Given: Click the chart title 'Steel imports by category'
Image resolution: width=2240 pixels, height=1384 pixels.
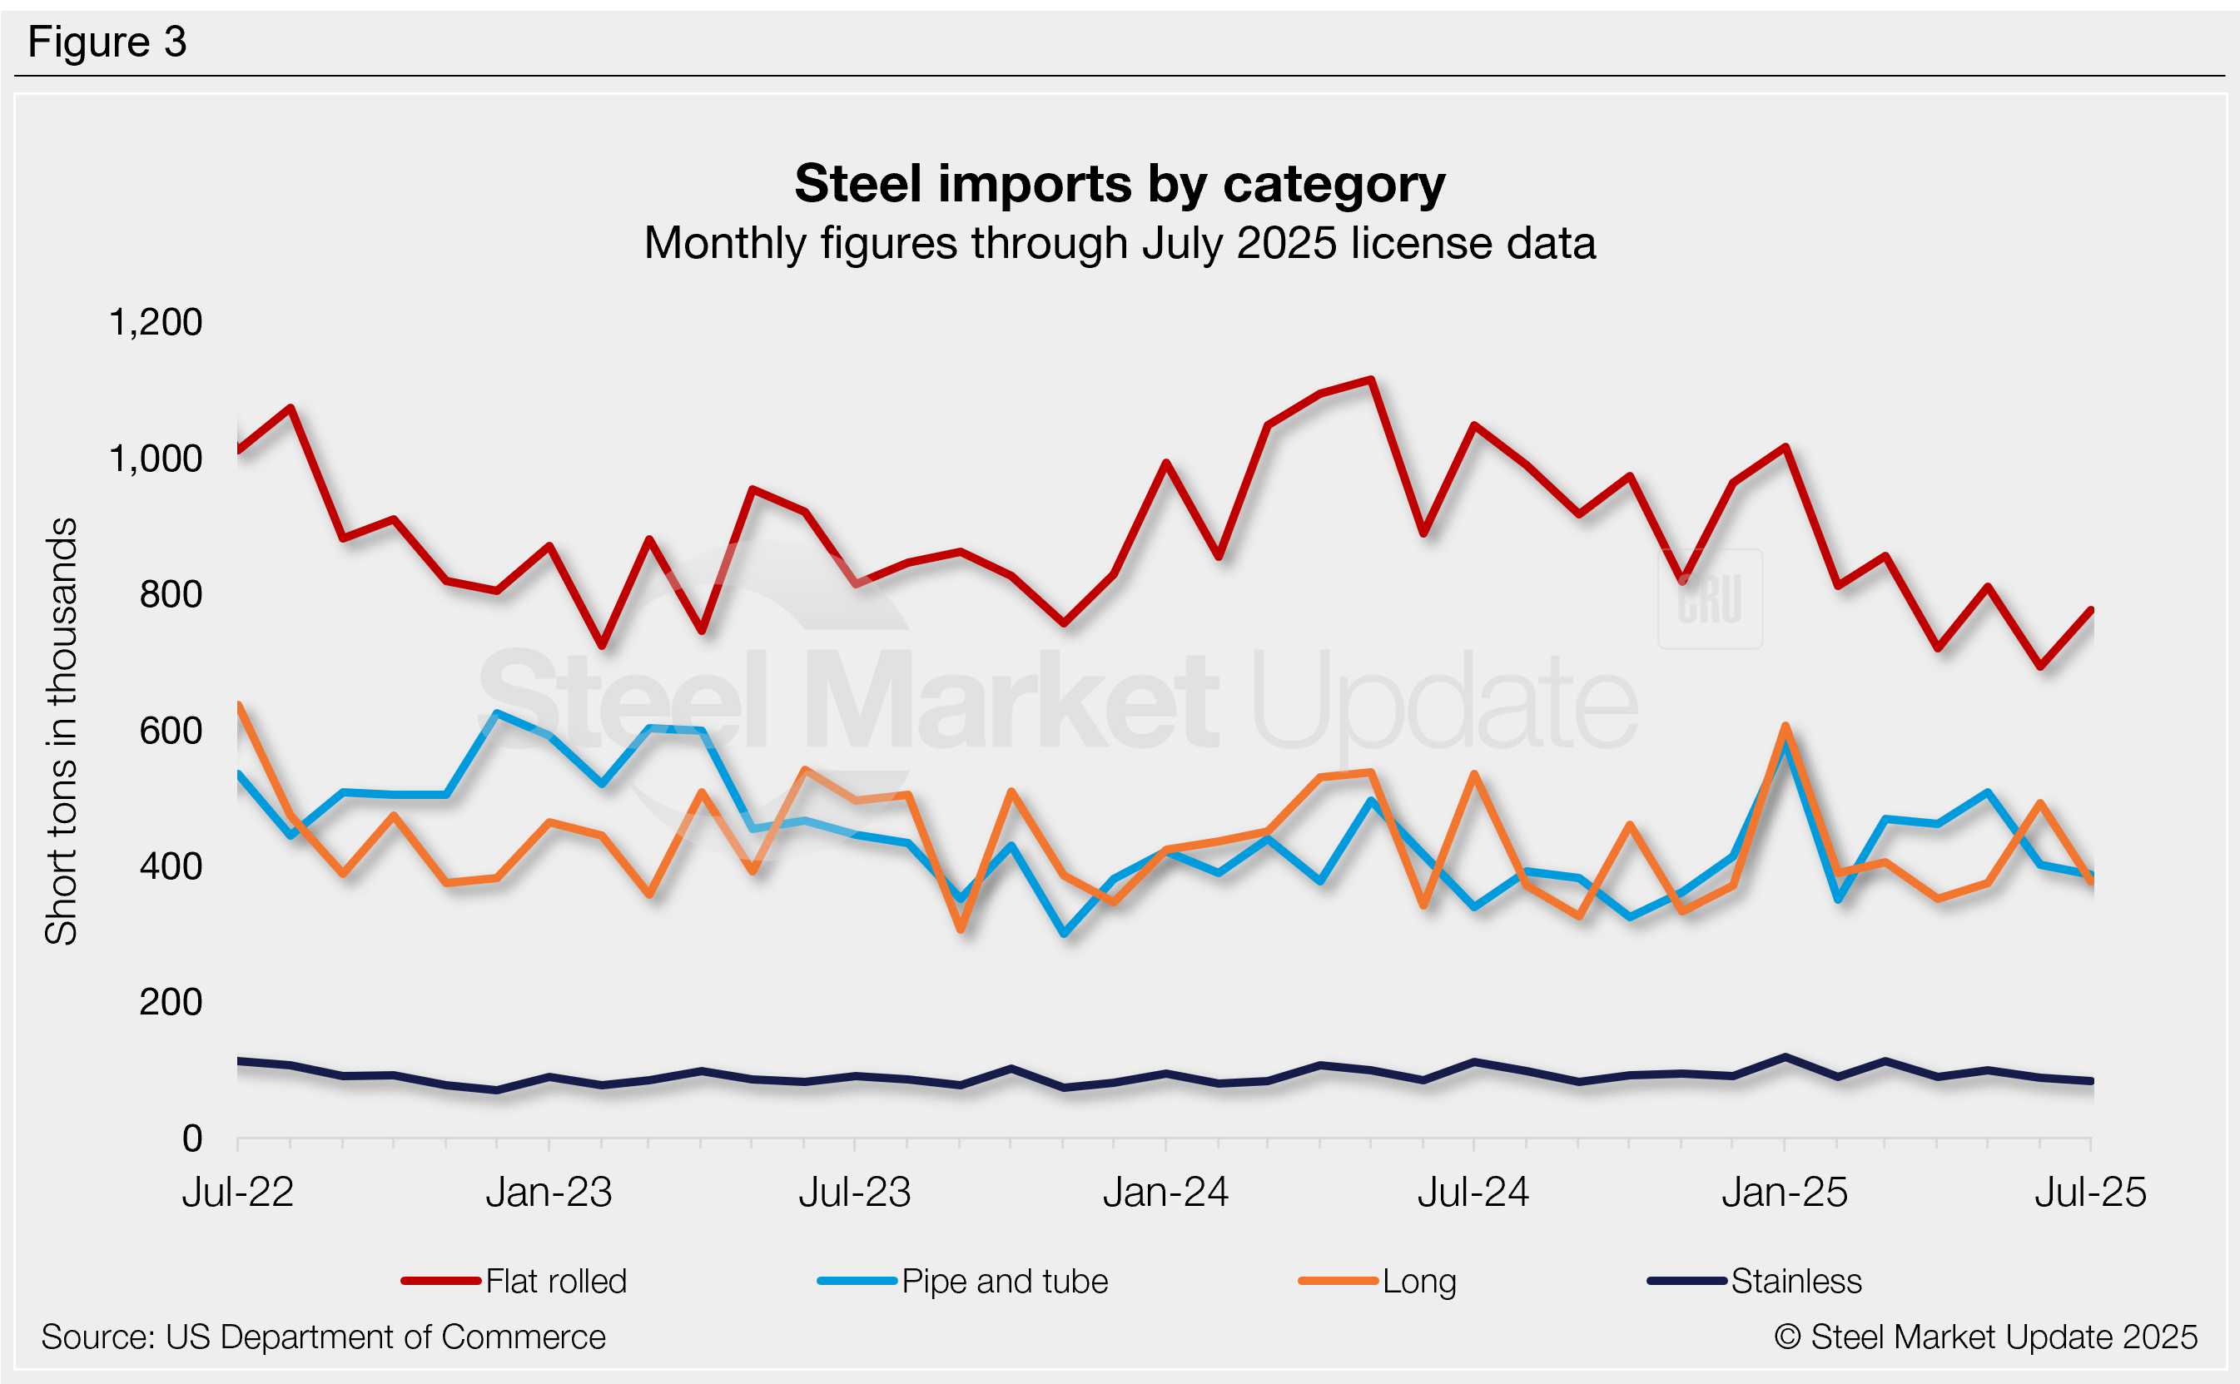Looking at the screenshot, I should click(1120, 184).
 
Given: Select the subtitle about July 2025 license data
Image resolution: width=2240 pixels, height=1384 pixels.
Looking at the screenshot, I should click(1120, 244).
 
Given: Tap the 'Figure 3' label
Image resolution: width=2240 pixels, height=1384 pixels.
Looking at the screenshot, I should click(107, 42).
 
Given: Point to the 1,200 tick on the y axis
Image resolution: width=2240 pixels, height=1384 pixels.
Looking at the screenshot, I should click(156, 322).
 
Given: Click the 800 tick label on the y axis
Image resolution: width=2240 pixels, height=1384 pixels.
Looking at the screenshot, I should click(171, 595).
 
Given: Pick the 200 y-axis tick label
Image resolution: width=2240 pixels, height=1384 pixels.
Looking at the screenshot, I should click(171, 1002).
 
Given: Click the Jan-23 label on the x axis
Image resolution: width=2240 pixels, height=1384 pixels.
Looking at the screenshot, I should click(549, 1193).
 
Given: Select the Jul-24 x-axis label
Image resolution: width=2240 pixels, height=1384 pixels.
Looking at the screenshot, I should click(1473, 1193).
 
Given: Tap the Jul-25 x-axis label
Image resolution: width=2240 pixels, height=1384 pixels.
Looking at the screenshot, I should click(2090, 1193).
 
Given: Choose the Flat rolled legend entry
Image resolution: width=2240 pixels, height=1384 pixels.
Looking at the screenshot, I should click(514, 1281).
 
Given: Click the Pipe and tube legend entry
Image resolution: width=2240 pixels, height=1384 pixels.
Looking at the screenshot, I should click(963, 1281).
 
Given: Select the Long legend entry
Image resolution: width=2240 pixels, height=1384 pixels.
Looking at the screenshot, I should click(1378, 1281).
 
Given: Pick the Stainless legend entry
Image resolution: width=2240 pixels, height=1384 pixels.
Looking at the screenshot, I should click(1755, 1281).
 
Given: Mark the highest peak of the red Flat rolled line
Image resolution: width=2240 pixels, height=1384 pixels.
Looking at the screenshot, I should click(1370, 379).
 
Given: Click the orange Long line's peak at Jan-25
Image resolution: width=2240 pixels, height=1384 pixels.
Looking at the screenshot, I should click(1785, 727).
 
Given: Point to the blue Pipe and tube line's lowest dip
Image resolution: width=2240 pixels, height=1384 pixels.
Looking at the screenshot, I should click(1064, 934).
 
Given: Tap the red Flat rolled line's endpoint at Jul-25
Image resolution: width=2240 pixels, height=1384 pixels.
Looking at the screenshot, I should click(2091, 610).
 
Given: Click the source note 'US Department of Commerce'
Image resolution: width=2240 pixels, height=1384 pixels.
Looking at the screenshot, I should click(323, 1337).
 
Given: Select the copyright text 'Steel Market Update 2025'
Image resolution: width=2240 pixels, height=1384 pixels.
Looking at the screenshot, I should click(1986, 1337).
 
